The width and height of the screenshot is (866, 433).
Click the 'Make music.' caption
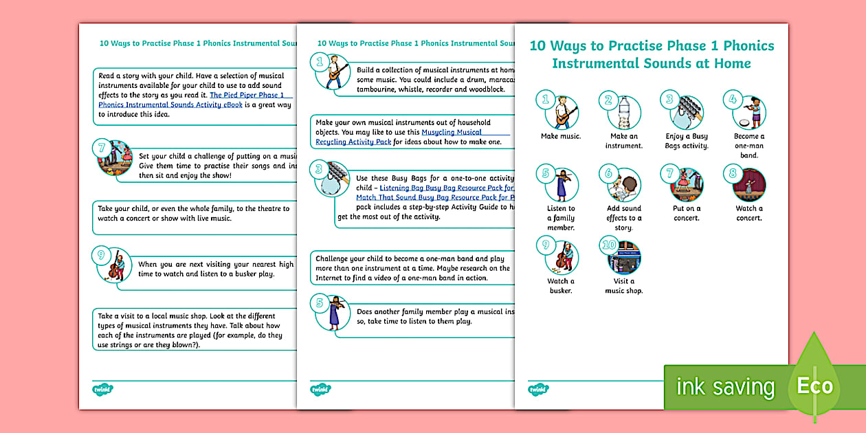click(561, 136)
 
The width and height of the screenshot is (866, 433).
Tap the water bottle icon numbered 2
click(623, 112)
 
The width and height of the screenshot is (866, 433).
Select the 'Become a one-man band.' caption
click(749, 146)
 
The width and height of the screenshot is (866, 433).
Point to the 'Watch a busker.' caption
click(561, 286)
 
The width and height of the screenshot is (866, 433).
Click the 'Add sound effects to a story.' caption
click(623, 218)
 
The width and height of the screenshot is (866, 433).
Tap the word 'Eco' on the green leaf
click(814, 386)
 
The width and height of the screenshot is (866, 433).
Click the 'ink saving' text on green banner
click(725, 387)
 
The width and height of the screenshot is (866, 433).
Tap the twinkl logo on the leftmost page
click(102, 390)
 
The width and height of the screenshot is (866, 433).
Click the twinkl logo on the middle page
click(320, 390)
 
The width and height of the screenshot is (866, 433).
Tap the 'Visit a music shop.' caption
click(623, 286)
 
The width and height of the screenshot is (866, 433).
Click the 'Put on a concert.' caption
click(686, 213)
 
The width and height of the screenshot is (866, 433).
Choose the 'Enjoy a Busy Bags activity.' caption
click(686, 141)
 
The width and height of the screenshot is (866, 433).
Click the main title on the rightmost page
click(652, 55)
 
